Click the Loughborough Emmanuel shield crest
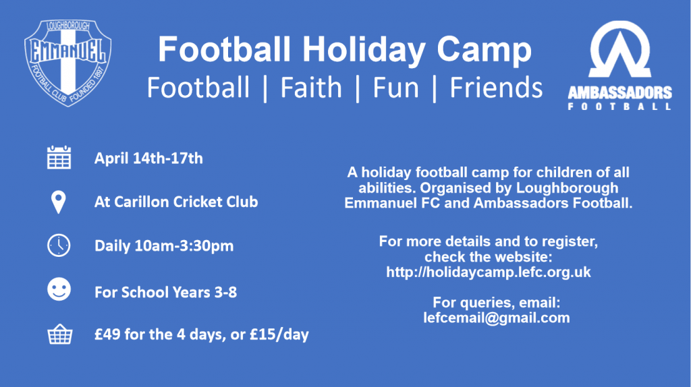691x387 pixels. (68, 63)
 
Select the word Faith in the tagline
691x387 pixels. (311, 87)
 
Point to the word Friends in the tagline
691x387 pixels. (496, 87)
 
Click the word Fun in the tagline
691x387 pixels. (395, 87)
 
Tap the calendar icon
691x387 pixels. (59, 157)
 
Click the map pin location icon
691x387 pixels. (59, 202)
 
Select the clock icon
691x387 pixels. (59, 245)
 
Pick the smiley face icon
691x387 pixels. (59, 289)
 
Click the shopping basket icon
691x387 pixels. (60, 334)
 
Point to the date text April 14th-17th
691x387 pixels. (148, 158)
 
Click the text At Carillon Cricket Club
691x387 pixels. (176, 202)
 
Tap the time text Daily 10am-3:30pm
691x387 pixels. (164, 245)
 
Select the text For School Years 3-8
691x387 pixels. (166, 293)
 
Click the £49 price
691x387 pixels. (107, 334)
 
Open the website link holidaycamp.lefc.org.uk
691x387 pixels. (489, 272)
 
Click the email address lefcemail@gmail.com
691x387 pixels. (497, 318)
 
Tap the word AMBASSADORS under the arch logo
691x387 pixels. (619, 92)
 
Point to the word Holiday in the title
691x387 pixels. (364, 50)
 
